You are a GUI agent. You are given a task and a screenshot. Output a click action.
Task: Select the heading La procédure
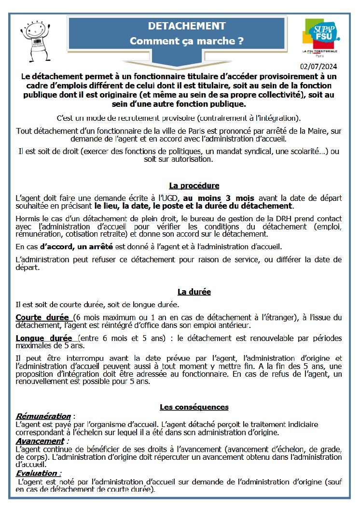tap(194, 185)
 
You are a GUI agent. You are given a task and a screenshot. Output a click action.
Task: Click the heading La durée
tap(194, 292)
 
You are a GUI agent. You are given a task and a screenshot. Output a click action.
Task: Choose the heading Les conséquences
tap(194, 407)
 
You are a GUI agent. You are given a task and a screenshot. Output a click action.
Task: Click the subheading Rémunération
tap(43, 416)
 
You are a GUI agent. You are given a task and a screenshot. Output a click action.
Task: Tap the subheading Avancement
tap(40, 441)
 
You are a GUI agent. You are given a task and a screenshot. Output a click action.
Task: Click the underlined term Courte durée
tap(43, 317)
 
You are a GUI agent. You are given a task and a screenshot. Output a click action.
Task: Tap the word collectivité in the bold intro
tap(276, 95)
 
